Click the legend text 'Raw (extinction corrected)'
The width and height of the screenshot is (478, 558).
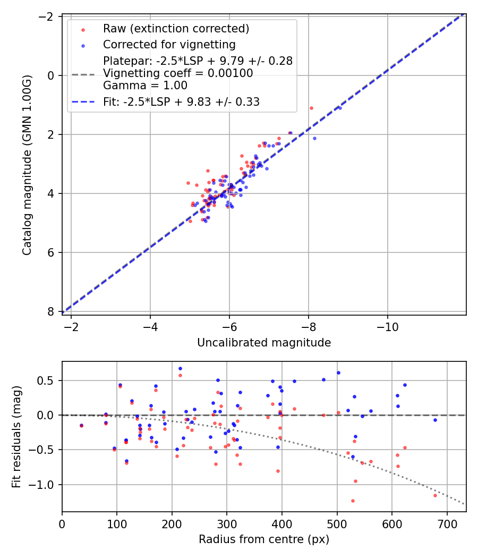point(176,28)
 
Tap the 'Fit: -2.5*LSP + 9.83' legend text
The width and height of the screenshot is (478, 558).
point(181,102)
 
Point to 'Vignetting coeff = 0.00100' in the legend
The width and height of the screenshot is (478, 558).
point(178,73)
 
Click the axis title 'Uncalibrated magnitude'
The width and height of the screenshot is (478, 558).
point(264,343)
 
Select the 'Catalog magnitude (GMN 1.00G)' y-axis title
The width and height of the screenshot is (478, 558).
point(27,164)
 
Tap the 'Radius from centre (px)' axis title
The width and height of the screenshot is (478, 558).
point(264,539)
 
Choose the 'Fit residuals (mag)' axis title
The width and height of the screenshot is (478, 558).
point(16,436)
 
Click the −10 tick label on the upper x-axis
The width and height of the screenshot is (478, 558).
point(387,326)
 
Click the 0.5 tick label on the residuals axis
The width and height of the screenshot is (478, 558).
point(49,381)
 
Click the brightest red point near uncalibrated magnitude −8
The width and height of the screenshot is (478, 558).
point(311,108)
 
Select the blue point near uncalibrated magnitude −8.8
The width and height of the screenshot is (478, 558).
point(340,108)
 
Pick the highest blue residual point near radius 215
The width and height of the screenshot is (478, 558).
point(180,368)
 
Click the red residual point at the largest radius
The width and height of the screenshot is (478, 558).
point(435,495)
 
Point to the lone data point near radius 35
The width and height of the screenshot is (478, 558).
point(81,425)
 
